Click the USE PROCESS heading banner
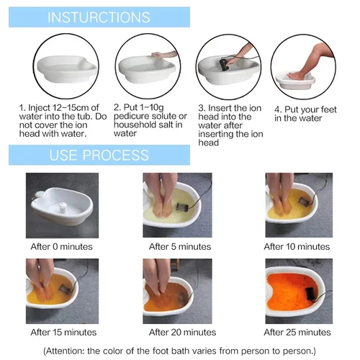pyautogui.click(x=99, y=155)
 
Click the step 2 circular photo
pyautogui.click(x=148, y=66)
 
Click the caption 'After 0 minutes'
pyautogui.click(x=60, y=246)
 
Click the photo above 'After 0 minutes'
pyautogui.click(x=60, y=205)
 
